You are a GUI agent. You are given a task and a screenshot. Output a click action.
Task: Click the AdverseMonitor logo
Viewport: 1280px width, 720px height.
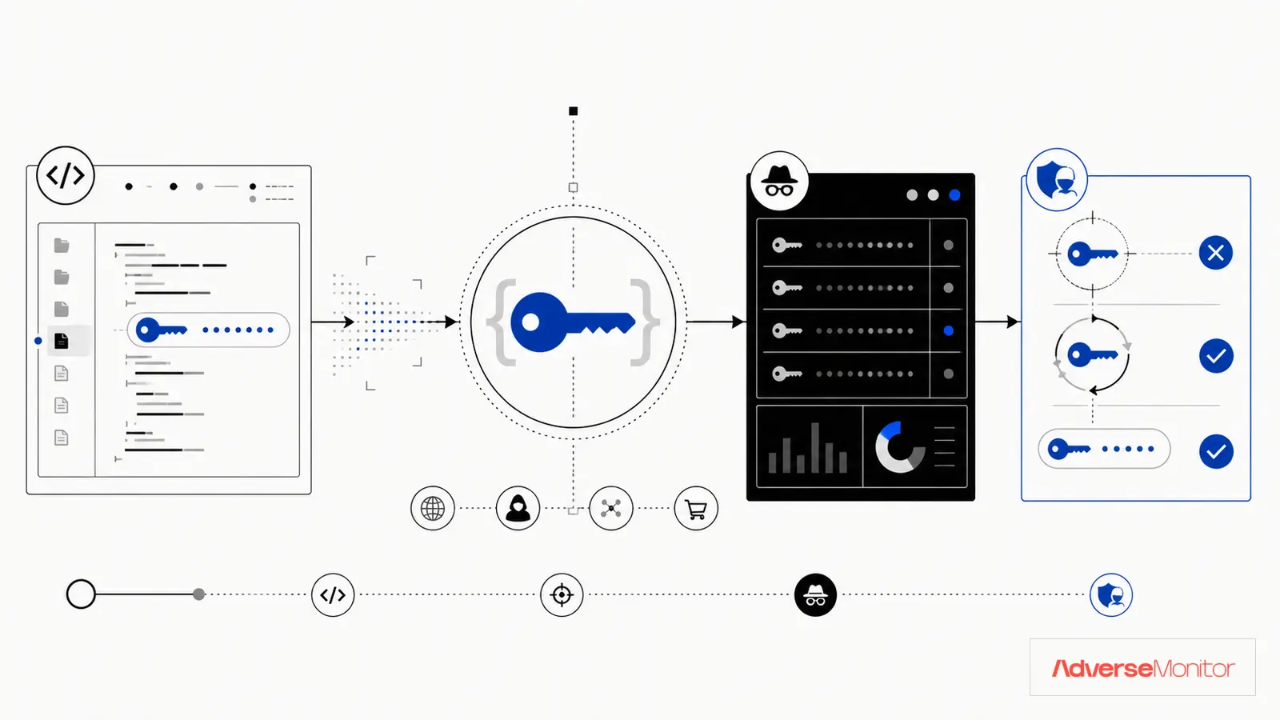coord(1143,668)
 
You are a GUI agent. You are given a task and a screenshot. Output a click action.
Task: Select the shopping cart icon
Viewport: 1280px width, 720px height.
coord(696,509)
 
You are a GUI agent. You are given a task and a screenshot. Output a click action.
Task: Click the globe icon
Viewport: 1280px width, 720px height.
coord(433,509)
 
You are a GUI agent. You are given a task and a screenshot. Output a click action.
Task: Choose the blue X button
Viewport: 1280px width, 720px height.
coord(1215,253)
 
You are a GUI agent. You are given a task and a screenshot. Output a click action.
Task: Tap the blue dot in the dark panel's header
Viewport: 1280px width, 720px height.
coord(954,195)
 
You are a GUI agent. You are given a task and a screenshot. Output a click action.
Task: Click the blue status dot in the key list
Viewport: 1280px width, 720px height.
coord(949,331)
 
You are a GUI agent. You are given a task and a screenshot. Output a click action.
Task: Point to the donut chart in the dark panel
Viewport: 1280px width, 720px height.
coord(900,447)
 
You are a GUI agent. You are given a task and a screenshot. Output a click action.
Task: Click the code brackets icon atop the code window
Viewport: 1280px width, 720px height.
coord(66,175)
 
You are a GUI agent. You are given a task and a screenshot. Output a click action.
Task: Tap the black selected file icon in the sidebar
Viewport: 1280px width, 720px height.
coord(61,341)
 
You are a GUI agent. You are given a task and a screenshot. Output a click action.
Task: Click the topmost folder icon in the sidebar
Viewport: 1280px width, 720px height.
coord(61,245)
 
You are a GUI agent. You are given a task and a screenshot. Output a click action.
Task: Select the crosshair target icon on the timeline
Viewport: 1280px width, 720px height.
coord(562,595)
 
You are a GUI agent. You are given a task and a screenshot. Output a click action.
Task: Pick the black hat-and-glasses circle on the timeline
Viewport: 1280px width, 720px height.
coord(815,595)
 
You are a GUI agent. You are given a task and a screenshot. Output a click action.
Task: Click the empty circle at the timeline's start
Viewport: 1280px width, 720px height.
coord(81,594)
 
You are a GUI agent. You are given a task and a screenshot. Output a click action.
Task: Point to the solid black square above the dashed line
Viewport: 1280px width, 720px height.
coord(573,111)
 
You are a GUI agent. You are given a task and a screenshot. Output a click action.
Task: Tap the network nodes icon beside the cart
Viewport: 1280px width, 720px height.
coord(611,509)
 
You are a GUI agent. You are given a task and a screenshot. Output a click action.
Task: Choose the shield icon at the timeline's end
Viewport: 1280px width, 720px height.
coord(1111,595)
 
